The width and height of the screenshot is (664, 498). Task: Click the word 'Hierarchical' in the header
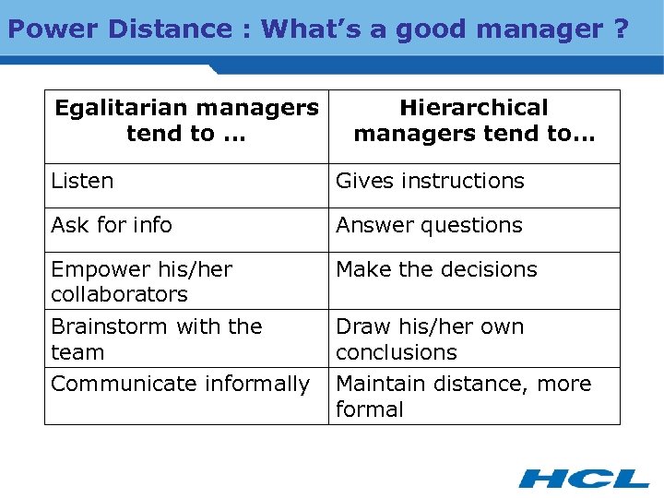(x=474, y=108)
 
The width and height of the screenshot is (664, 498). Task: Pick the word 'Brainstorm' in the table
(x=110, y=326)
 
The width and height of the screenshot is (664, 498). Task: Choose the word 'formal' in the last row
(x=370, y=409)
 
